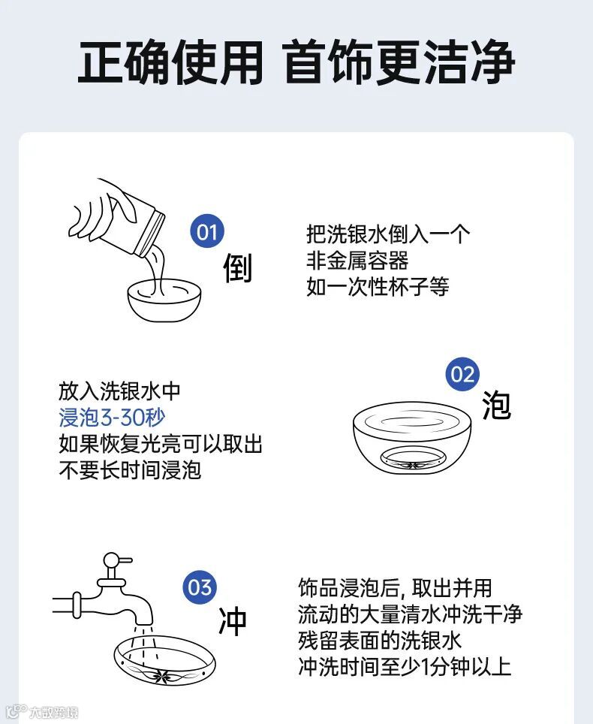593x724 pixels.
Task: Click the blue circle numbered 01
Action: pyautogui.click(x=207, y=231)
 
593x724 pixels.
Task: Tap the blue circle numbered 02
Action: pyautogui.click(x=462, y=374)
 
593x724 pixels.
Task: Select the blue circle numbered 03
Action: pyautogui.click(x=200, y=587)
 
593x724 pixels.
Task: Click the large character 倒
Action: pyautogui.click(x=238, y=267)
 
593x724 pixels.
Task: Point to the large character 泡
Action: pyautogui.click(x=497, y=405)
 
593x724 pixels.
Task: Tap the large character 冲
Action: pyautogui.click(x=233, y=621)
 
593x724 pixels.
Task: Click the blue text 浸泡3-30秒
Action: pyautogui.click(x=112, y=418)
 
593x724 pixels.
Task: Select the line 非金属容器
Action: pyautogui.click(x=357, y=261)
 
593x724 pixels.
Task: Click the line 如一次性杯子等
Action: pyautogui.click(x=378, y=287)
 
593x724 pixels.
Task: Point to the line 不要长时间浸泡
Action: pyautogui.click(x=130, y=470)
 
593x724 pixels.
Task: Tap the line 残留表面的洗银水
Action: pyautogui.click(x=380, y=641)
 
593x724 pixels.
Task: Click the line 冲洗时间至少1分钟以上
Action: pyautogui.click(x=405, y=667)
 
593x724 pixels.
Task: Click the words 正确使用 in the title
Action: pyautogui.click(x=170, y=62)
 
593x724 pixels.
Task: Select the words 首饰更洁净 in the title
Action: pyautogui.click(x=399, y=62)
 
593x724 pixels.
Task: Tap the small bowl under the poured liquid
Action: pyautogui.click(x=164, y=299)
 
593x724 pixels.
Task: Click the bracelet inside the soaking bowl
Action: pyautogui.click(x=412, y=459)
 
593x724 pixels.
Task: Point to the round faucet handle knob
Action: pyautogui.click(x=112, y=560)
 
